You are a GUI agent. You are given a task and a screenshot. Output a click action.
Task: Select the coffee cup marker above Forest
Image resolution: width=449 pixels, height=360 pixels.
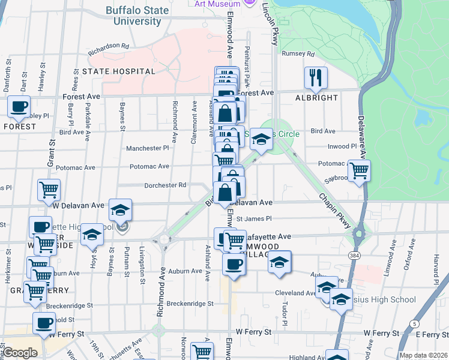[x=19, y=107]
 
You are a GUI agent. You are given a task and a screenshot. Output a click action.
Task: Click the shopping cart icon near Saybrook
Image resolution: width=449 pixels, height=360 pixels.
[x=359, y=170]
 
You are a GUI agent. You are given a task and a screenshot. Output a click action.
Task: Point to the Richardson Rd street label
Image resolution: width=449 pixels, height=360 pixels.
[x=109, y=48]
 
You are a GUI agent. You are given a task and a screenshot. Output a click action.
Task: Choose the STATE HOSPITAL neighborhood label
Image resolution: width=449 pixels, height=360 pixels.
[x=119, y=71]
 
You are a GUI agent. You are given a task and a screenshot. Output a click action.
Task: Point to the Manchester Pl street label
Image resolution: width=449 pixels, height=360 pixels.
[x=148, y=148]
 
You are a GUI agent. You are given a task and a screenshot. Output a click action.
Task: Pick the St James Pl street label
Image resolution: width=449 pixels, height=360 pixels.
[x=254, y=219]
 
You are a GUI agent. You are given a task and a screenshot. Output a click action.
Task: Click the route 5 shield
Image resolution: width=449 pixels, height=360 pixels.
[x=414, y=324]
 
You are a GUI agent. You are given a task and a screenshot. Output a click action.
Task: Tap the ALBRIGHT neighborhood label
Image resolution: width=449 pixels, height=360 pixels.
[x=316, y=97]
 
